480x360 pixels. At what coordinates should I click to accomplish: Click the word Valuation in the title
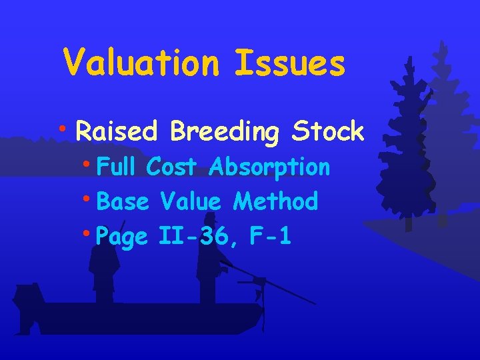[141, 63]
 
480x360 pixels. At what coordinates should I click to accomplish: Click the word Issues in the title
[290, 63]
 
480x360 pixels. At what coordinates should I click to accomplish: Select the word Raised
[116, 131]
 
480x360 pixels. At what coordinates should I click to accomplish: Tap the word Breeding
[224, 133]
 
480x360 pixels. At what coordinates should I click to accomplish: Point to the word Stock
[327, 131]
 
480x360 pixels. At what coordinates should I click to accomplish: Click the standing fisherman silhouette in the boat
[209, 267]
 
